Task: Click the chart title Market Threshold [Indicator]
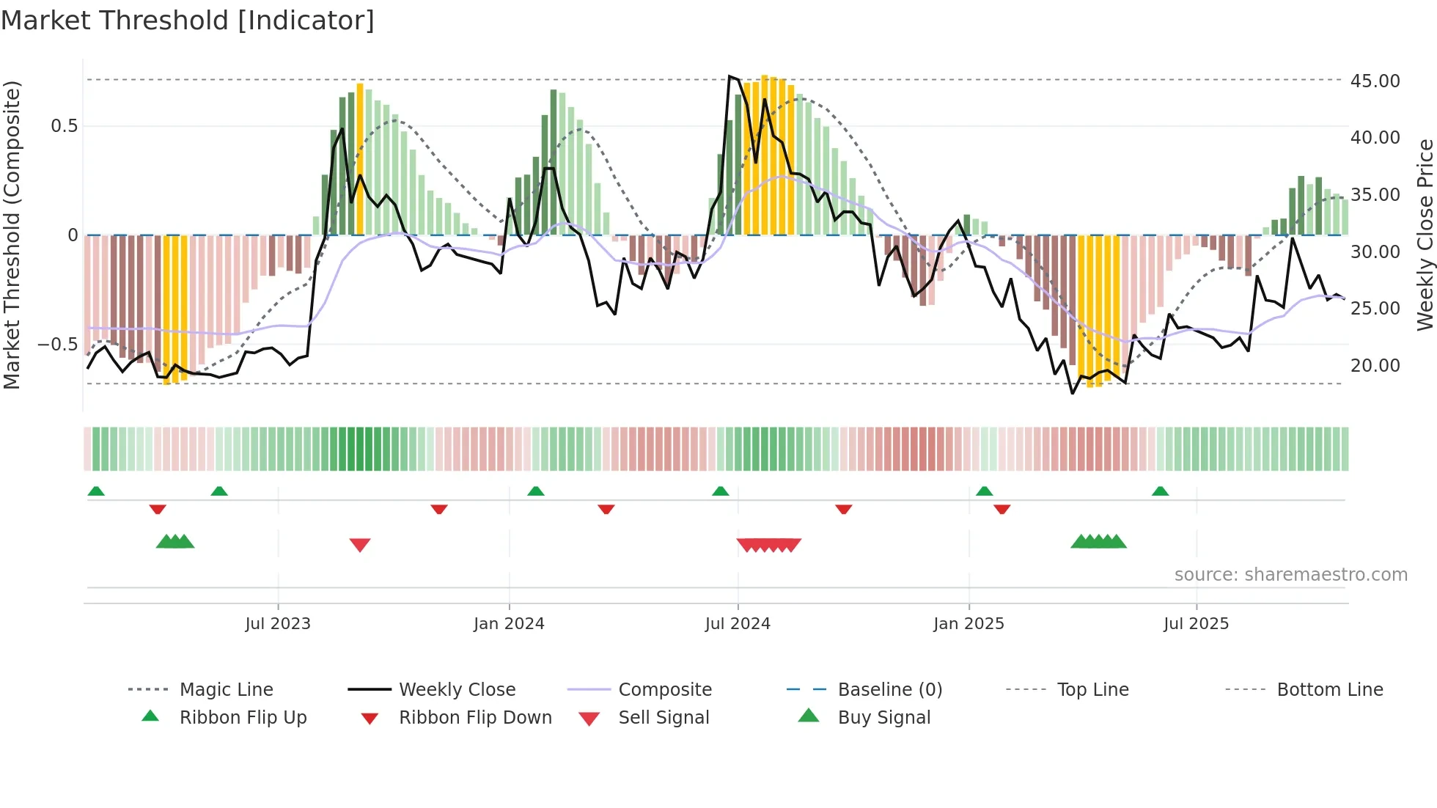(188, 21)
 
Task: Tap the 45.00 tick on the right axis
(1375, 81)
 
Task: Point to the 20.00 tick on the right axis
(1375, 365)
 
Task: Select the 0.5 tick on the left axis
(65, 126)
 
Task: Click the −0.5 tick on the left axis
(57, 344)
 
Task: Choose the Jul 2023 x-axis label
(278, 624)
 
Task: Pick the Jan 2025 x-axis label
(969, 624)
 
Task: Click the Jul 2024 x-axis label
(738, 624)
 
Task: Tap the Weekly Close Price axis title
(1425, 235)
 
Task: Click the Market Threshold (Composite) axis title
(12, 235)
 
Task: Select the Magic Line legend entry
(226, 690)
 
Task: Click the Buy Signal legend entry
(883, 718)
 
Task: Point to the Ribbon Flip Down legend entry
(474, 718)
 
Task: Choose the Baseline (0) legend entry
(889, 690)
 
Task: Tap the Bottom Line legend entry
(1329, 690)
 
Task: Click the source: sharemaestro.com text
(1290, 575)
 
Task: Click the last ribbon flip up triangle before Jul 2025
(1160, 491)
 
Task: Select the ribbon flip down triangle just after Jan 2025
(1002, 509)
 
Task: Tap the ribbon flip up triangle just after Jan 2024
(536, 491)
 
